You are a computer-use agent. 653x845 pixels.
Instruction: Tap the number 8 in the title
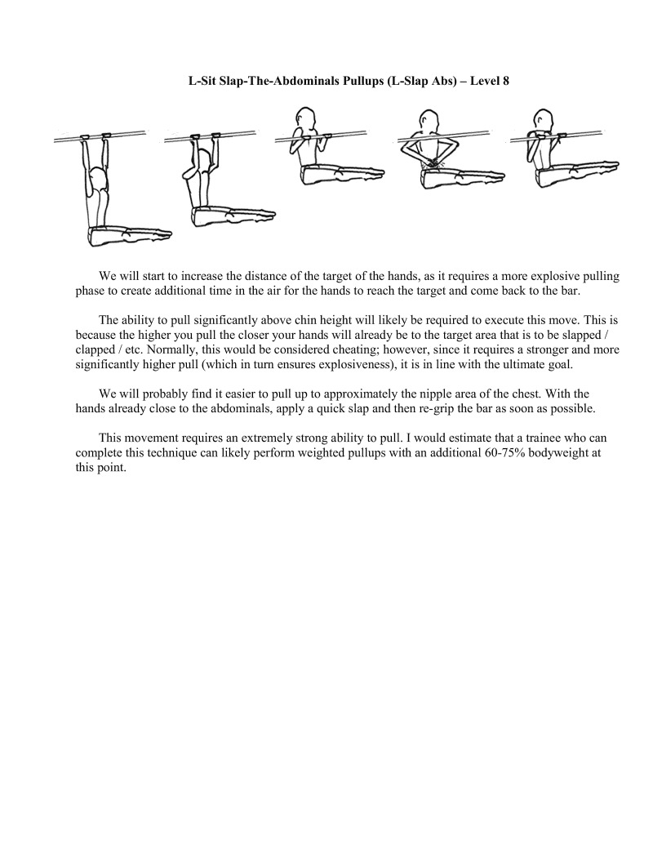pos(506,81)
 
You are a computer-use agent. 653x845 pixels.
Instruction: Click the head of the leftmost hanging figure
pos(97,177)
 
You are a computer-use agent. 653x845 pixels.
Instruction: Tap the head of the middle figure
pos(305,118)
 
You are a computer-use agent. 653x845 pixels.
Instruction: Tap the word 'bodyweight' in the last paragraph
pos(558,452)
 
